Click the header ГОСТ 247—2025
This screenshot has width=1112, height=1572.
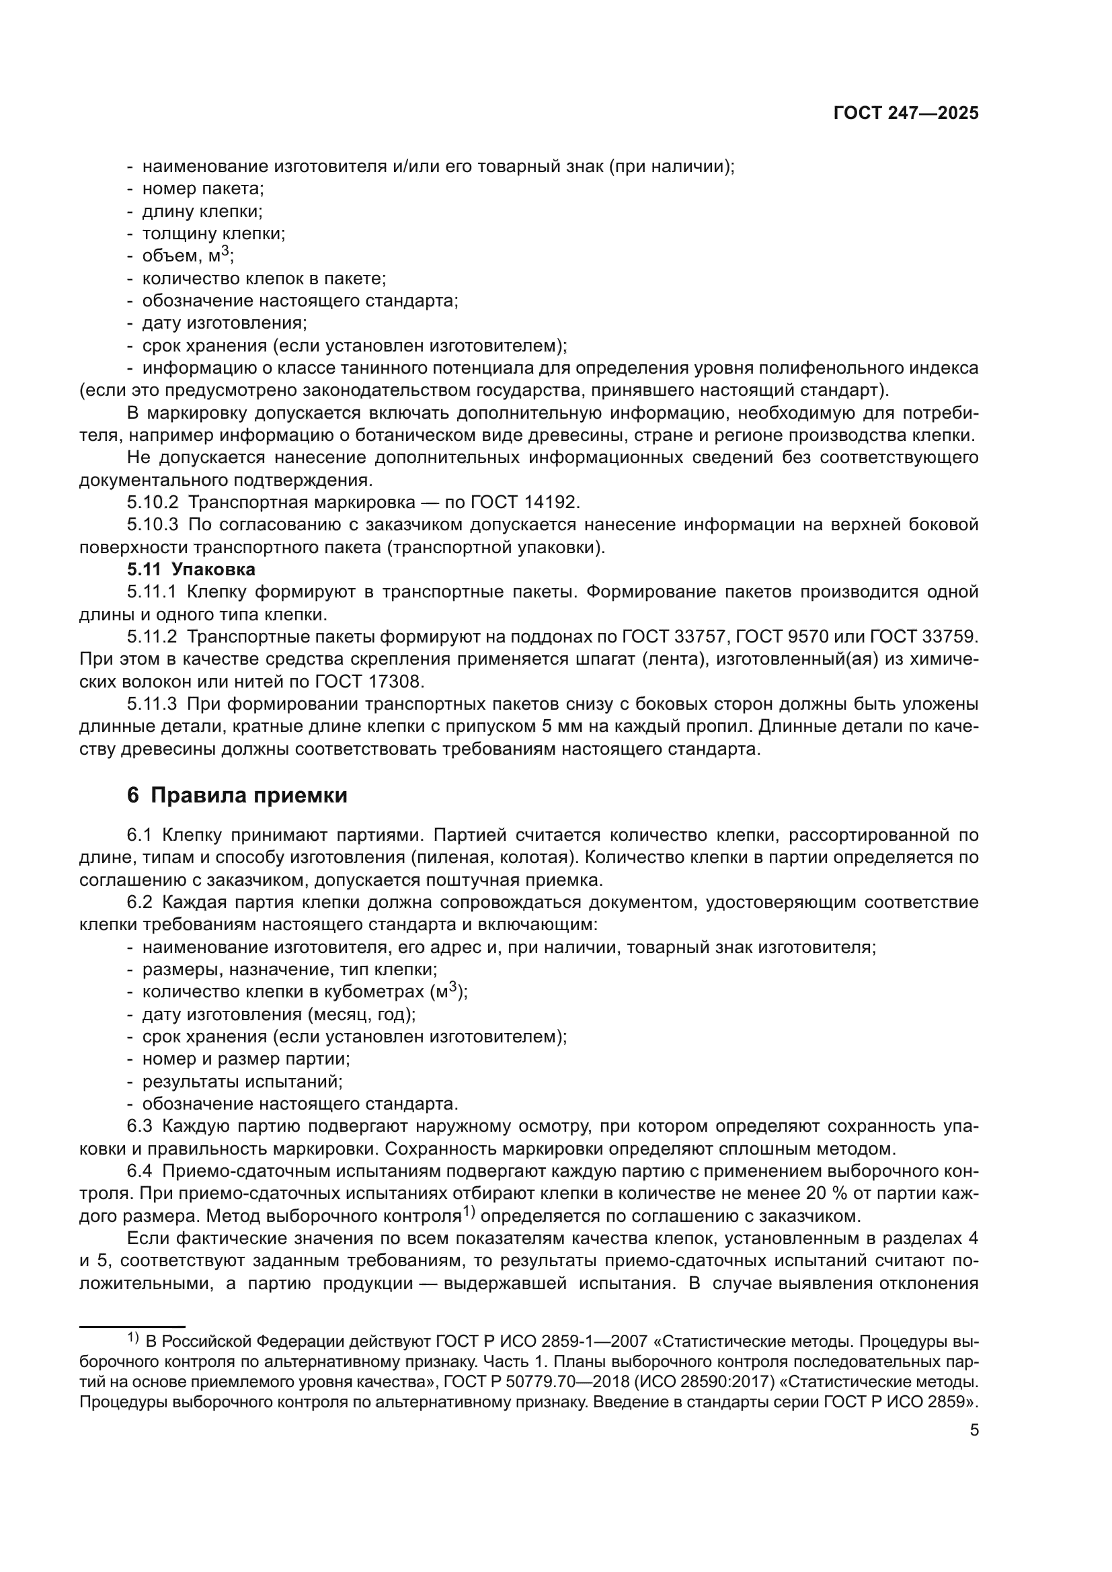(x=906, y=114)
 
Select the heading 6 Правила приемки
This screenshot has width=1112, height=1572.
(x=237, y=795)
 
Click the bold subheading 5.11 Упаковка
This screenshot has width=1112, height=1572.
(x=191, y=570)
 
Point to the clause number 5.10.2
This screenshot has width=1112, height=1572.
(x=152, y=502)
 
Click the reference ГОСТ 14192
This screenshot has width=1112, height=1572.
(x=524, y=502)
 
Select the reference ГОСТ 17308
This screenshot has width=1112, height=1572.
(x=370, y=682)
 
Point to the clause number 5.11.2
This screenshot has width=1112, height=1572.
(x=152, y=636)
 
